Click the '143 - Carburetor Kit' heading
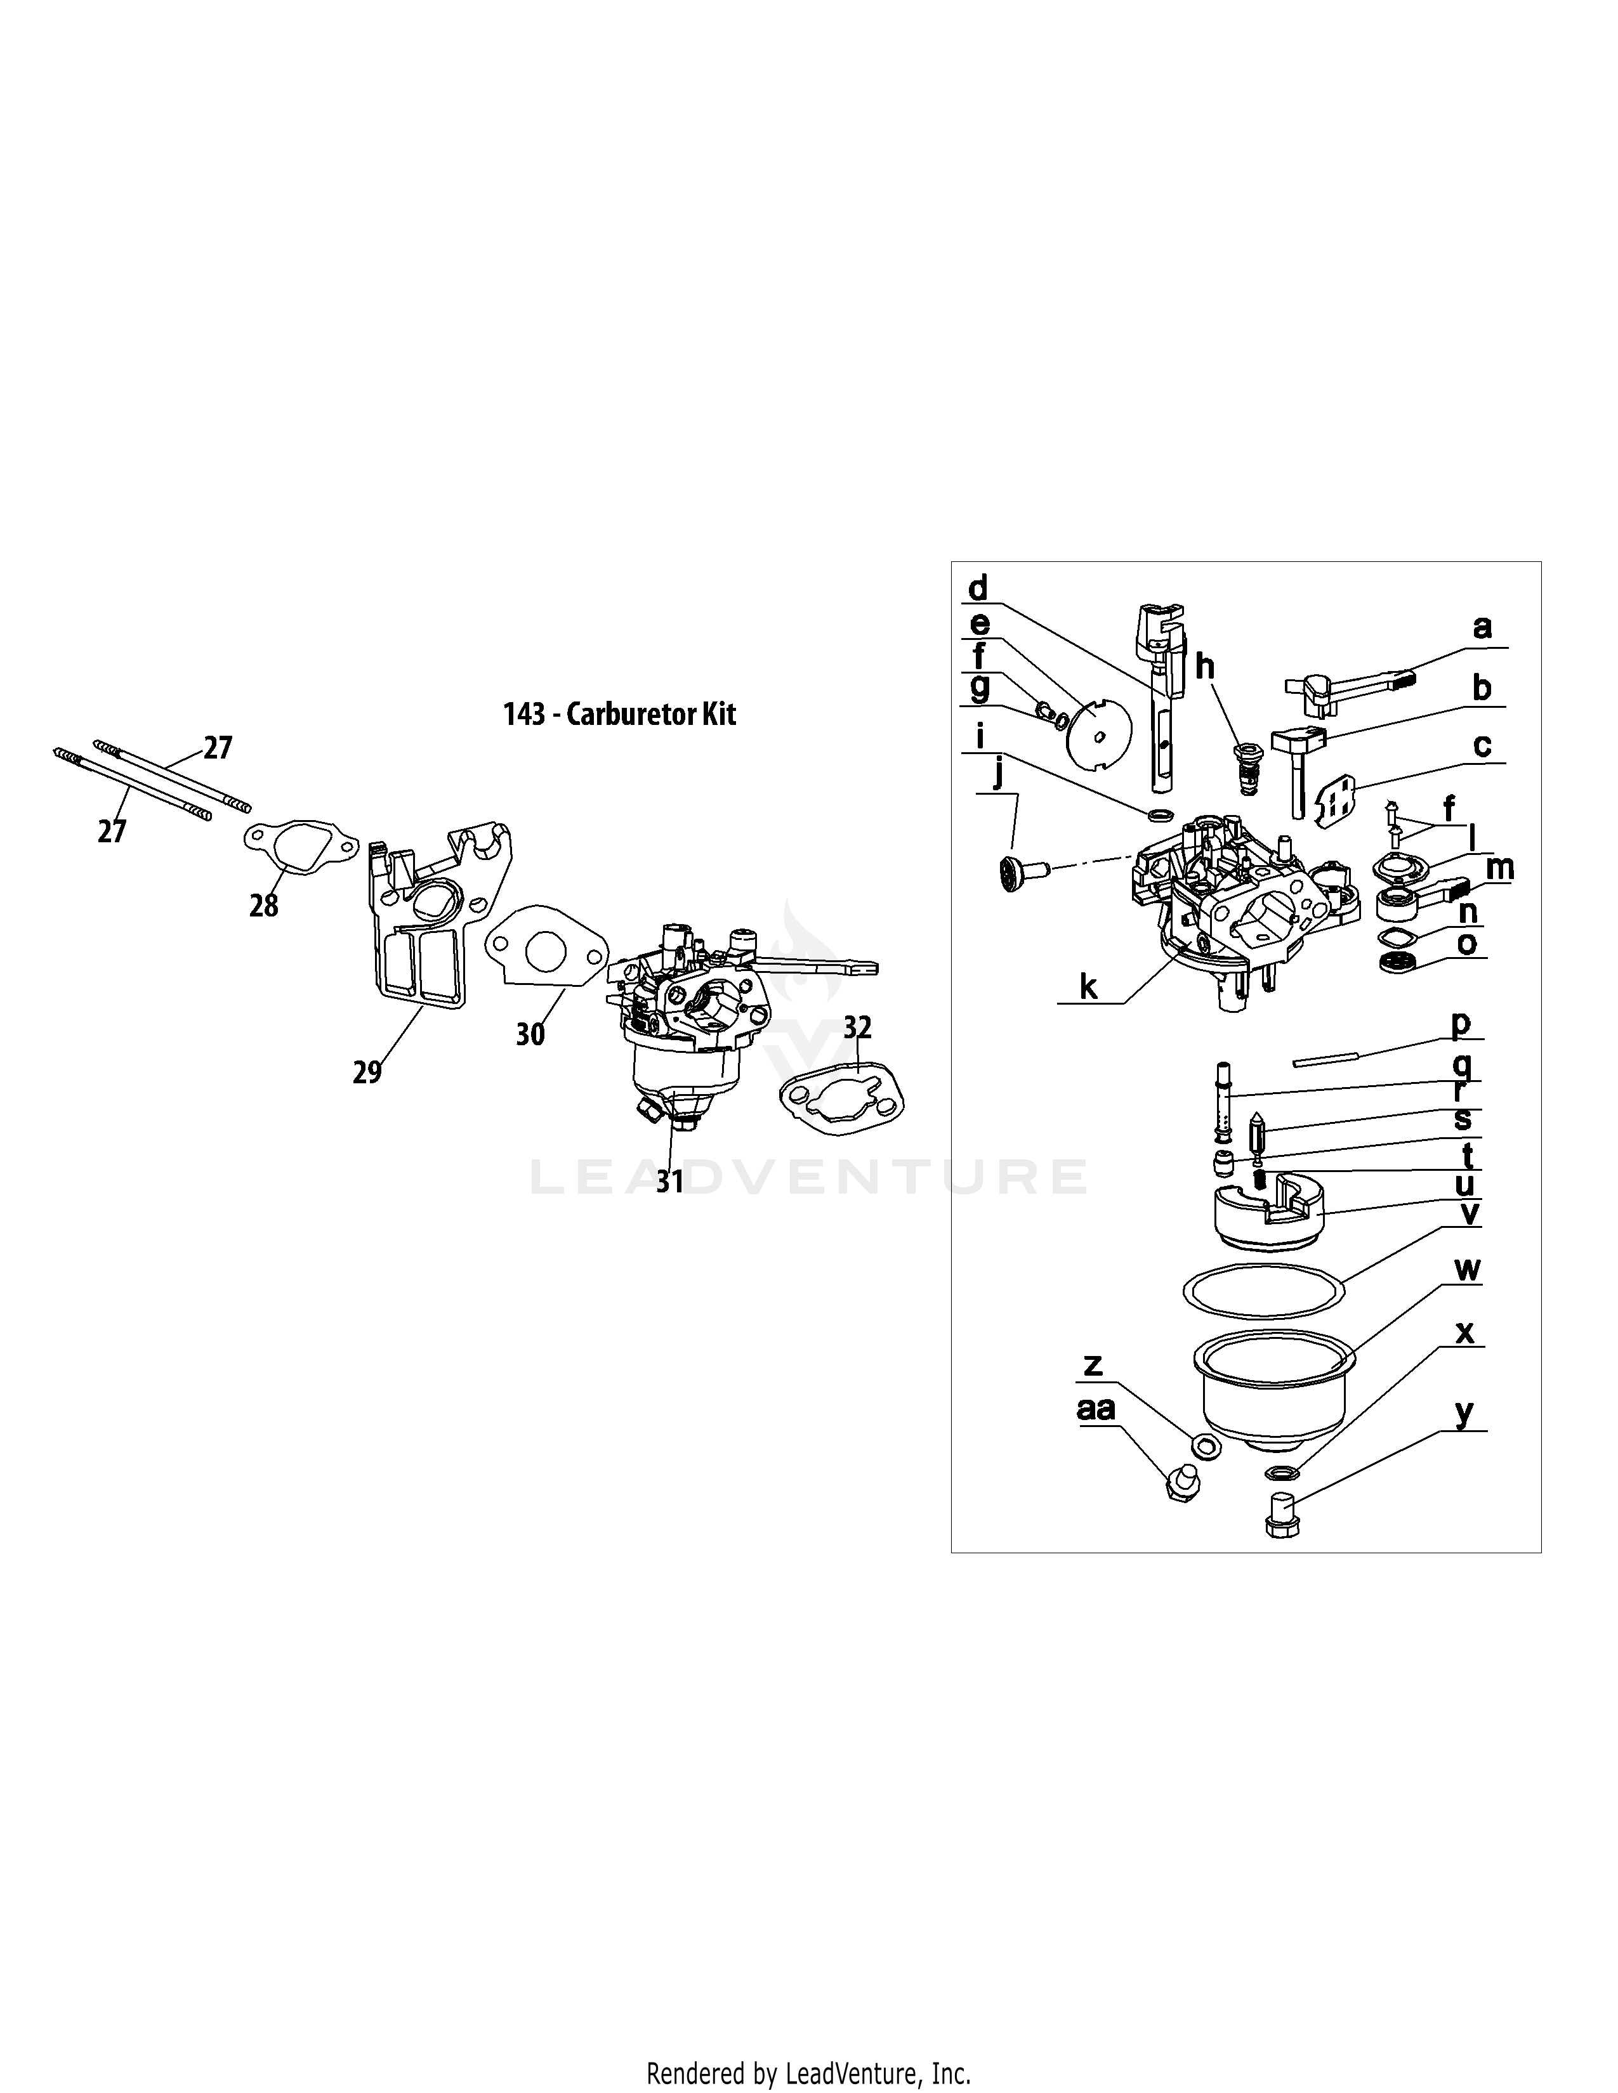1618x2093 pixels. [x=620, y=714]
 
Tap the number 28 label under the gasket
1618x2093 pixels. [x=263, y=904]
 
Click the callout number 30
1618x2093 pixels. [x=530, y=1034]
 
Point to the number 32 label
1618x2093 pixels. [x=858, y=1027]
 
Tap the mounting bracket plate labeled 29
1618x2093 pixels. [x=422, y=920]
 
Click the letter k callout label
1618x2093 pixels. [x=1088, y=987]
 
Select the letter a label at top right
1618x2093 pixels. [x=1482, y=628]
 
